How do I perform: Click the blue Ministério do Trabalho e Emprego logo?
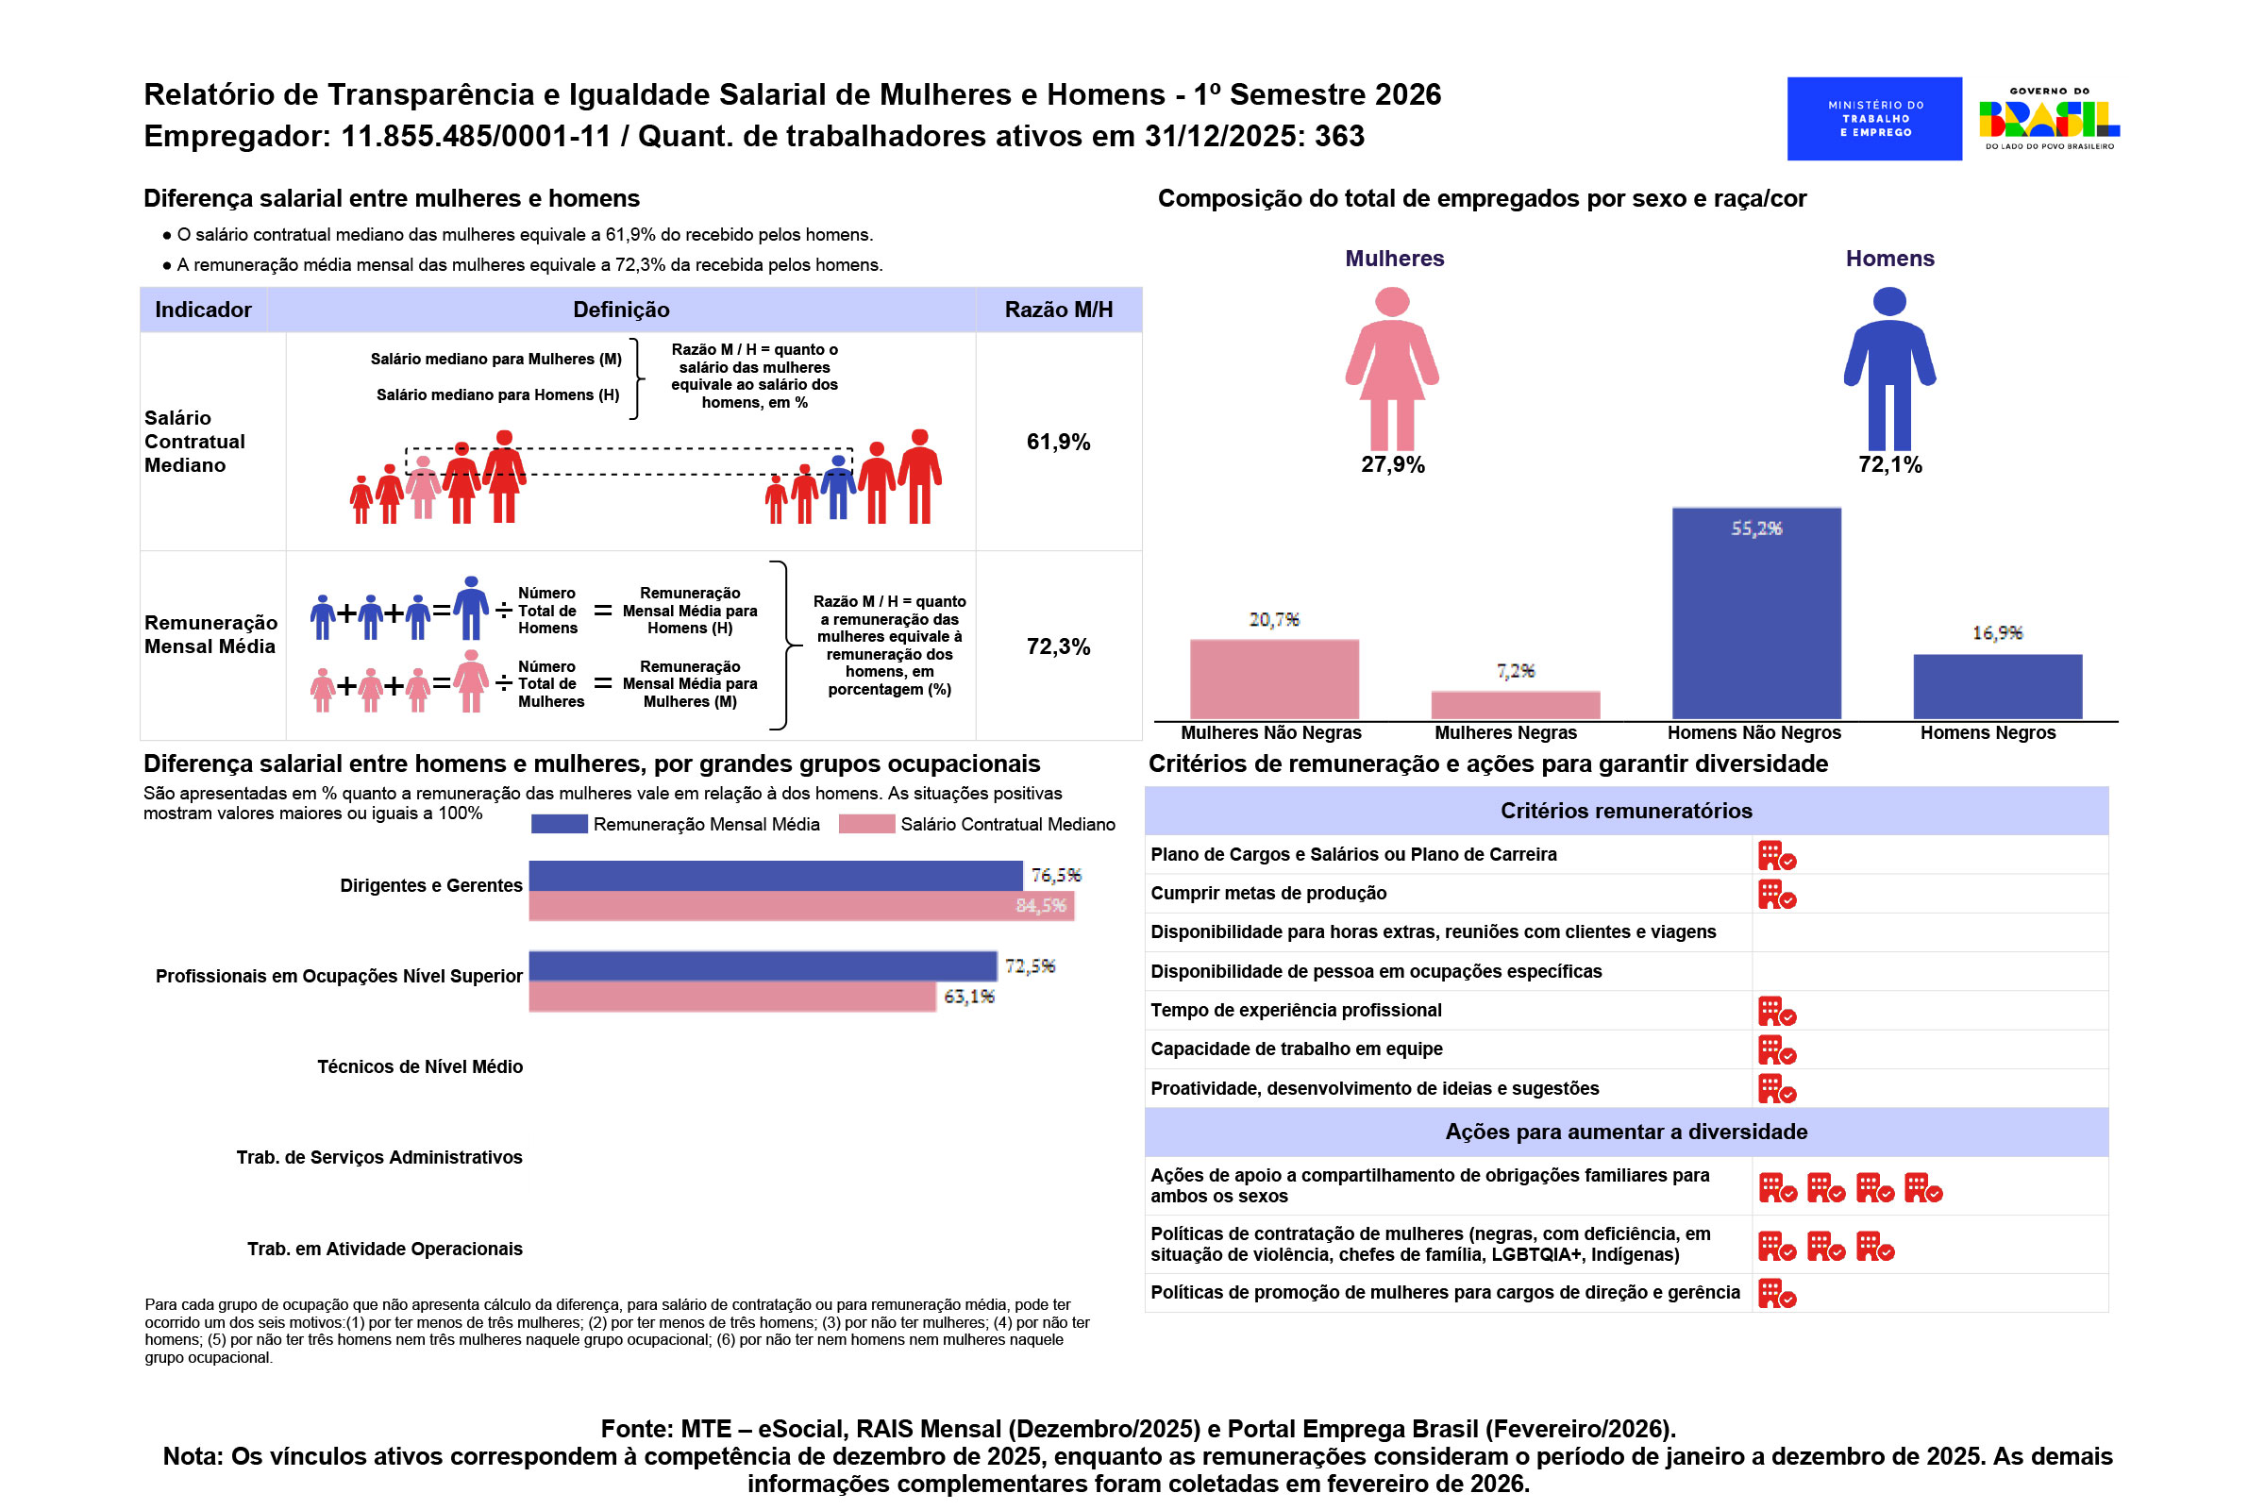coord(1874,119)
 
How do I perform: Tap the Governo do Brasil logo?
coord(2049,119)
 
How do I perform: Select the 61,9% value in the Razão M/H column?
coord(1058,442)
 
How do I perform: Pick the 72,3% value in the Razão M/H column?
coord(1058,646)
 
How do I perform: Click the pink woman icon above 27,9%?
coord(1393,369)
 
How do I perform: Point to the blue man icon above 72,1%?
coord(1889,369)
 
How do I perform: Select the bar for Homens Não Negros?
coord(1756,613)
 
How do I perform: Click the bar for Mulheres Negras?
coord(1516,705)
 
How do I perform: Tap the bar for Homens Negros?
coord(1997,687)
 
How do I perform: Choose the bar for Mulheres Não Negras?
coord(1274,679)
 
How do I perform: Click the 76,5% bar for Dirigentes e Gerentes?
coord(775,876)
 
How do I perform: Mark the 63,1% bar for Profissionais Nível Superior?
coord(732,997)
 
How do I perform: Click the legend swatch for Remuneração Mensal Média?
coord(559,824)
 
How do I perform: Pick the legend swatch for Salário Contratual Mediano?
coord(866,824)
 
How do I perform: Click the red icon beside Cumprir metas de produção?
coord(1777,894)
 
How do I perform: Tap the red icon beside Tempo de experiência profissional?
coord(1777,1011)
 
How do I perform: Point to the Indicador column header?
coord(203,310)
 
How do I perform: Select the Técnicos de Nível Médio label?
coord(420,1067)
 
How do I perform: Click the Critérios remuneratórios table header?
coord(1625,811)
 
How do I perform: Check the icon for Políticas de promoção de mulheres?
coord(1777,1293)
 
